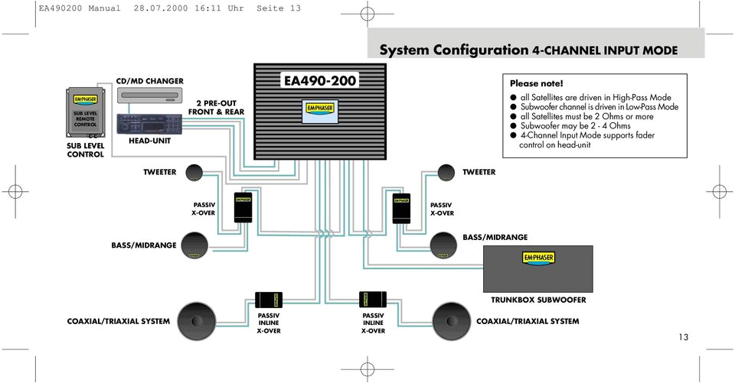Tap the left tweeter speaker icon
[194, 172]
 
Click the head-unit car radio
[149, 124]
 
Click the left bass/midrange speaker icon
[195, 245]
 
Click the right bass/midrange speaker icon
[439, 244]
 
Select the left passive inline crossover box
[270, 299]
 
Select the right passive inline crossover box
[373, 299]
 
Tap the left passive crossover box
[243, 208]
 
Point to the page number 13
[683, 337]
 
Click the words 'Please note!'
[536, 83]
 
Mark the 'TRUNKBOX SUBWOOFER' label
[538, 300]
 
